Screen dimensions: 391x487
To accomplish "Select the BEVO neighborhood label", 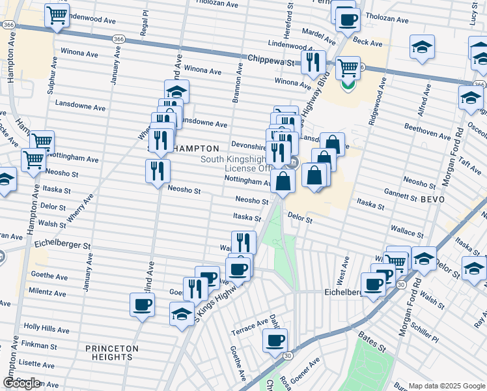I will (x=432, y=198).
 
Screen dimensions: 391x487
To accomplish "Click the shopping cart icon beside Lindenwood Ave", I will (x=57, y=15).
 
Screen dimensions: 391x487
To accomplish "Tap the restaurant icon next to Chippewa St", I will (x=315, y=63).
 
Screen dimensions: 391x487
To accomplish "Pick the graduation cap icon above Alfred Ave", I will (x=422, y=47).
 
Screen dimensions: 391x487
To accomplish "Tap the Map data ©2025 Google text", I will (x=447, y=386).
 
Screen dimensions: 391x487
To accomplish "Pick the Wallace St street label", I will (x=407, y=230).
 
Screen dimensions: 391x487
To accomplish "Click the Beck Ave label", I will (x=367, y=42).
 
